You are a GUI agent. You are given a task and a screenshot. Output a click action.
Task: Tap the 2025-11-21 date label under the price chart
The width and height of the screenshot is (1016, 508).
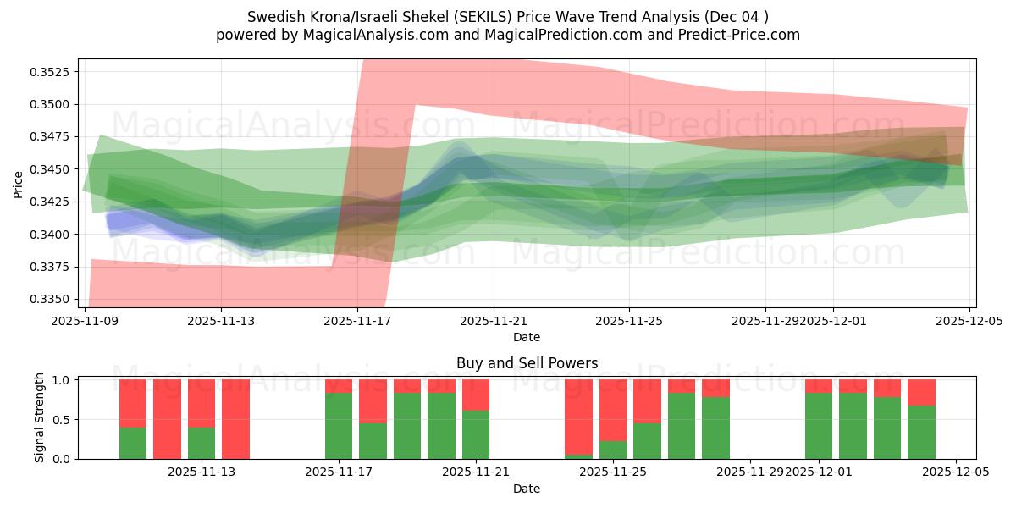494,322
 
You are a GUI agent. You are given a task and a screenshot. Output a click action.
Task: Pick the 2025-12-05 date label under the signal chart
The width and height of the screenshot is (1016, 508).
956,473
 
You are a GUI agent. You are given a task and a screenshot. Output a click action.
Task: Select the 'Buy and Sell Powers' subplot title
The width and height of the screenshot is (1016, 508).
527,363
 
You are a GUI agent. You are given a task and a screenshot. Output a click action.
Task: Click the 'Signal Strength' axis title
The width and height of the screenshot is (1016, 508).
40,418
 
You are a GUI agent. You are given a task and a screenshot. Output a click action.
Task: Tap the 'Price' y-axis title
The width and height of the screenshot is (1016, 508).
19,184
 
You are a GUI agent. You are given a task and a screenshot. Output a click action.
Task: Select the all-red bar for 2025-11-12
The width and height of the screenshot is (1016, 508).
168,419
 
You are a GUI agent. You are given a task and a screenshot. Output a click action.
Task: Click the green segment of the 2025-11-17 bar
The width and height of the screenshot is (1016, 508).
339,426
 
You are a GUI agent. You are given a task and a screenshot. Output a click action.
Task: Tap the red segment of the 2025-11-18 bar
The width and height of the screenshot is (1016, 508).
373,400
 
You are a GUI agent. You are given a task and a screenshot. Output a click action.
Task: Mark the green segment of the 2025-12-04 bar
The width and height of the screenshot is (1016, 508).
921,433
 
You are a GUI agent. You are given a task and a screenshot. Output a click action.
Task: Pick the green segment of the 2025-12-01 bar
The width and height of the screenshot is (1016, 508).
819,426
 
